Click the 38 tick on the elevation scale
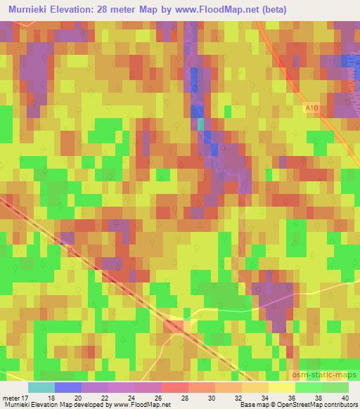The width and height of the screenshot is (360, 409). click(321, 397)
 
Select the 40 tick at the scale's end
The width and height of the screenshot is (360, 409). click(345, 397)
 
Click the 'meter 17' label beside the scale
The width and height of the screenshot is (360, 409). click(15, 397)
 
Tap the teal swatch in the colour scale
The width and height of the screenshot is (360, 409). click(41, 387)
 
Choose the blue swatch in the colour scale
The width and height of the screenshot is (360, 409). click(68, 387)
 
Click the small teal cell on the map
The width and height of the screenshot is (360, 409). click(200, 124)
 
